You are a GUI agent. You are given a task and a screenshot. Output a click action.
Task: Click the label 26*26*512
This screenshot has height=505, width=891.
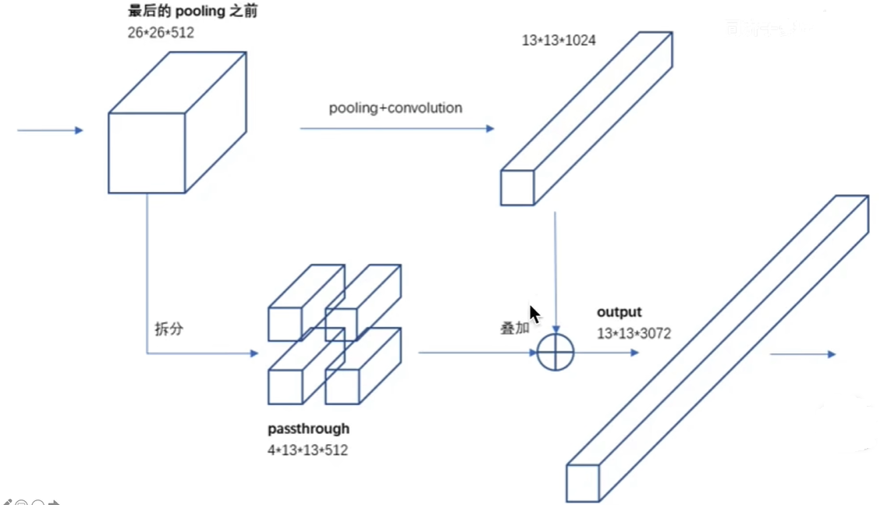(x=161, y=33)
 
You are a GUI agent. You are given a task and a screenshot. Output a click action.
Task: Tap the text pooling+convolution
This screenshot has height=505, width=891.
(x=395, y=108)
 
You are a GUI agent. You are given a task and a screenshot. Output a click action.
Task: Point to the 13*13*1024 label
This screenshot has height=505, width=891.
(x=559, y=40)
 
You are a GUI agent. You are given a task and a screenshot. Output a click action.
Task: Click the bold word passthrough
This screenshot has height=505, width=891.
(x=308, y=429)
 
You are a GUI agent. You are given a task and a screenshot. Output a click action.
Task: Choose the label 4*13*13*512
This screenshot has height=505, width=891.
(x=307, y=450)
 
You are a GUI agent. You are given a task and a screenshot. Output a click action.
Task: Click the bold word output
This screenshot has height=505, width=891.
(x=619, y=312)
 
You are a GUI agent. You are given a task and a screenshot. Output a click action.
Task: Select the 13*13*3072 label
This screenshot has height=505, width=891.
(x=634, y=333)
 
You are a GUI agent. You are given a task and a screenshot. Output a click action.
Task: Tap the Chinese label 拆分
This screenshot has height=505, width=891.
(x=169, y=329)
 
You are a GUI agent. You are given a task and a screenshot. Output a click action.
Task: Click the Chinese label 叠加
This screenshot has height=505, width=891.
(x=514, y=328)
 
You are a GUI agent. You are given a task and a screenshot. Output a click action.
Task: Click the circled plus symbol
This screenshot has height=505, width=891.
(x=556, y=353)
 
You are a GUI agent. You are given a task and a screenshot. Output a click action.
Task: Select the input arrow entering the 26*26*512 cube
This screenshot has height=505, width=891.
(x=50, y=130)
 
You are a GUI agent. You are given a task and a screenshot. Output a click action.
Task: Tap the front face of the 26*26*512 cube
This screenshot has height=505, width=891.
(x=147, y=153)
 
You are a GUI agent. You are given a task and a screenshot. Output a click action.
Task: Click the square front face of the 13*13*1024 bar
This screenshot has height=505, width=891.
(x=516, y=187)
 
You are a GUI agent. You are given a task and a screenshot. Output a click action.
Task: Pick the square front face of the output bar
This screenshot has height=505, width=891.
(x=582, y=483)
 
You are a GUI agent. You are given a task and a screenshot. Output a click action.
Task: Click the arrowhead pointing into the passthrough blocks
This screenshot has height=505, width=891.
(x=254, y=354)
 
